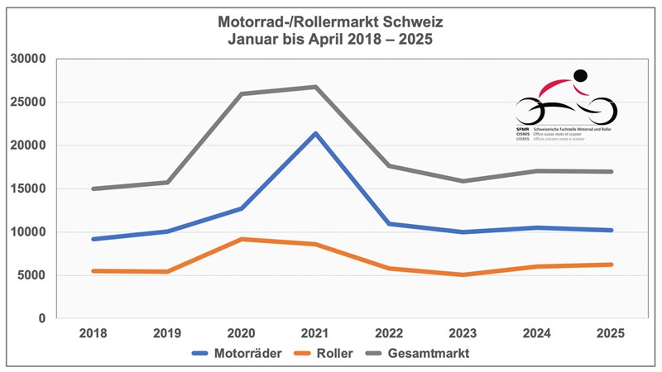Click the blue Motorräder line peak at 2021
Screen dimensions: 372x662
click(314, 133)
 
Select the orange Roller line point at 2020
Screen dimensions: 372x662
click(241, 239)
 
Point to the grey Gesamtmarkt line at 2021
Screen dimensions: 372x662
click(314, 87)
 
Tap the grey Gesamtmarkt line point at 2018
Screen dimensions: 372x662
click(94, 188)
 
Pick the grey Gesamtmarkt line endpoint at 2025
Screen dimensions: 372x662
click(611, 172)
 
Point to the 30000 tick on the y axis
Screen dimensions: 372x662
click(28, 60)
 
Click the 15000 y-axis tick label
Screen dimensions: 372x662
click(28, 188)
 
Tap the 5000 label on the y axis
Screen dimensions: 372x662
click(31, 275)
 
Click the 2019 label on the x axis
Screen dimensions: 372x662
click(166, 333)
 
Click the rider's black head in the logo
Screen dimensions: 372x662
click(580, 75)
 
